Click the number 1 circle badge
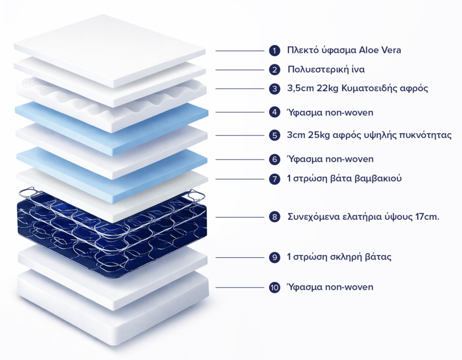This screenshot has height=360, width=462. click(x=275, y=51)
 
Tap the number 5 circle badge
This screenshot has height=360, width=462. click(x=275, y=135)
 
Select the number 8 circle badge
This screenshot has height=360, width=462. click(x=275, y=217)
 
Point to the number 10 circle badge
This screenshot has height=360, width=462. click(x=275, y=287)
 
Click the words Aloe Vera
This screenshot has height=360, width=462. click(x=380, y=50)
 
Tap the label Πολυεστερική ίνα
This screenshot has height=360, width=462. click(x=326, y=69)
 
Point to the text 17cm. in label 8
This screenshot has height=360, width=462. click(x=428, y=217)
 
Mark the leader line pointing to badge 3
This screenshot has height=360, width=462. click(x=240, y=89)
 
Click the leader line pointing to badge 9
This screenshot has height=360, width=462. click(x=240, y=257)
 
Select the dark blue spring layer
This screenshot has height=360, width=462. click(x=112, y=233)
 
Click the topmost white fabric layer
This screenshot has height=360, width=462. click(x=110, y=51)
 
